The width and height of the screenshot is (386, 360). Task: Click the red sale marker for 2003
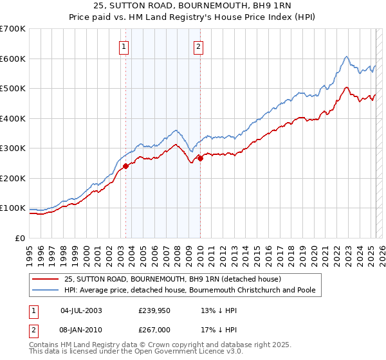125,166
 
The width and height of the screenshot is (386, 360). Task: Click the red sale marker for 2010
200,158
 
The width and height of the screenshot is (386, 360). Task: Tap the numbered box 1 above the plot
123,46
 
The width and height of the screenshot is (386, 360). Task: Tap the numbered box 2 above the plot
199,46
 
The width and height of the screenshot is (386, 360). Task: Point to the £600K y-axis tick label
12,59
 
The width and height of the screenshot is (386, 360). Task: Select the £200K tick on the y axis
12,178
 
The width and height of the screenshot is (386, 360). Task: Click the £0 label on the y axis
21,238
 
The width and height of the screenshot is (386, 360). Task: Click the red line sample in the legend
46,280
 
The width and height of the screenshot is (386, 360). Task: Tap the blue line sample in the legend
46,290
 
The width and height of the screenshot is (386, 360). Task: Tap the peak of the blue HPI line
346,57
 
